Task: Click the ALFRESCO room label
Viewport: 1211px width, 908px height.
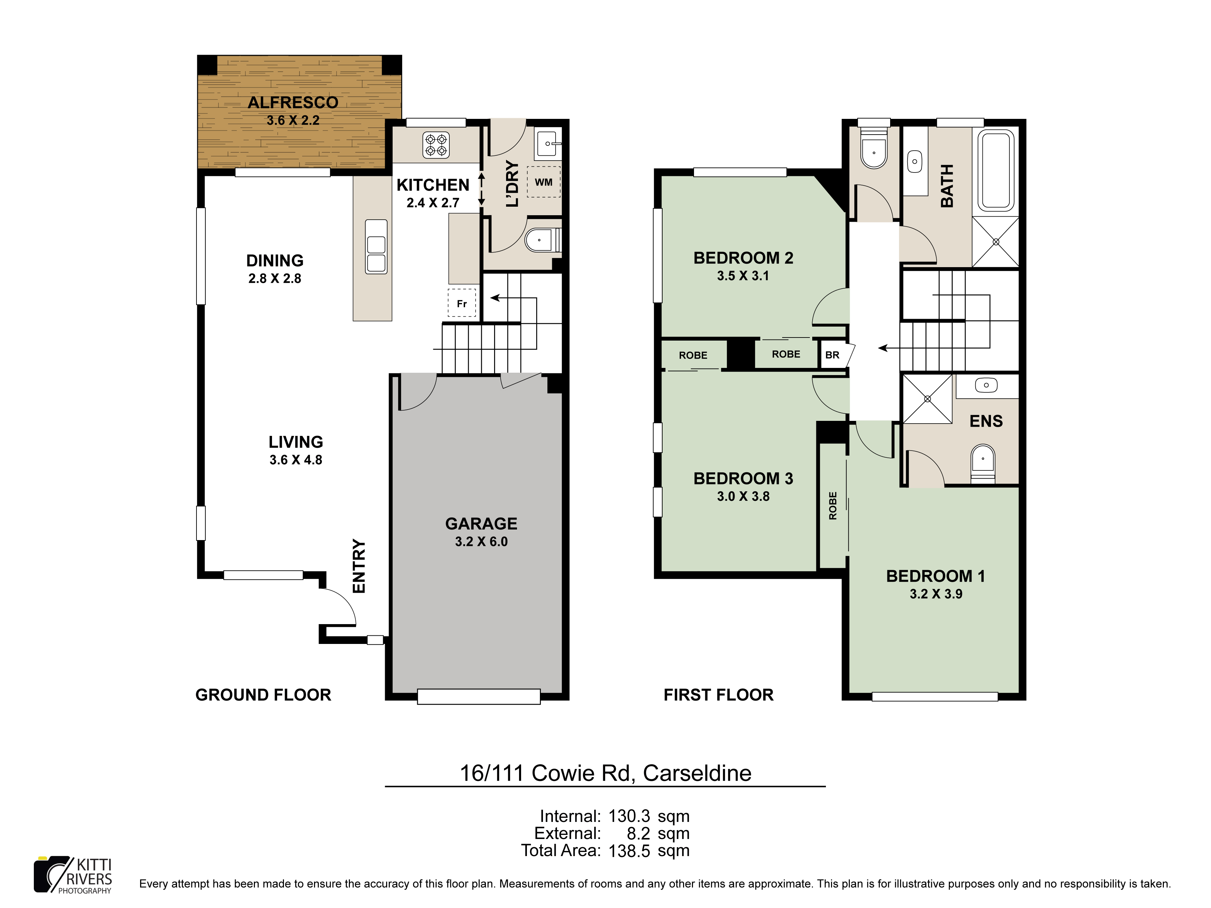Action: point(293,102)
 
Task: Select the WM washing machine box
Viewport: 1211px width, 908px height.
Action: point(544,182)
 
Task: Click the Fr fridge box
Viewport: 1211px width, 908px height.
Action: point(462,303)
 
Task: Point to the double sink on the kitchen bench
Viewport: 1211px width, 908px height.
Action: point(376,247)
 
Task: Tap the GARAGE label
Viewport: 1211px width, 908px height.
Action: point(481,524)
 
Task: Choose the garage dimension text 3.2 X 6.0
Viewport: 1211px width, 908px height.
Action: point(481,542)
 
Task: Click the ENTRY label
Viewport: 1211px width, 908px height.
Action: point(358,566)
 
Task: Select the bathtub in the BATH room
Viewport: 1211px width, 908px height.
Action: point(996,171)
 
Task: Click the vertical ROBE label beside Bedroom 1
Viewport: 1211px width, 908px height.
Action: point(833,506)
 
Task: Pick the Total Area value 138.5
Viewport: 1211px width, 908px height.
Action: point(629,851)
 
